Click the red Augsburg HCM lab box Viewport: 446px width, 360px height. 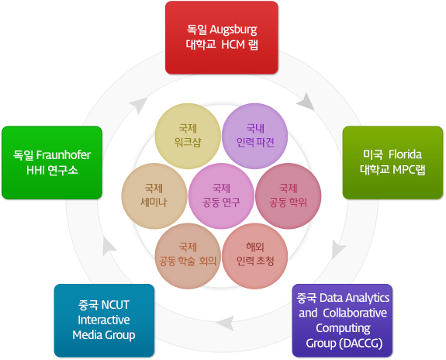tap(222, 37)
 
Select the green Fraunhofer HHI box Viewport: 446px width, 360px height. tap(52, 162)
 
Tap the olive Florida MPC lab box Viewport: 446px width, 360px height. tap(392, 162)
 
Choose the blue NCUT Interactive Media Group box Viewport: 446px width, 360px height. tap(104, 320)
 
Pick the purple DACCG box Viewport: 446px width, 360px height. tap(342, 320)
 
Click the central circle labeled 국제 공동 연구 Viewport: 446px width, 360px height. tap(221, 196)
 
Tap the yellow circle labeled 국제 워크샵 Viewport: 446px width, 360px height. tap(188, 136)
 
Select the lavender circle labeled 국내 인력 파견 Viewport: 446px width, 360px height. tap(255, 136)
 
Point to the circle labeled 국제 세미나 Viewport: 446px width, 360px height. tap(154, 196)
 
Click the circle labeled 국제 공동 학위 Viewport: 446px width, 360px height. tap(289, 196)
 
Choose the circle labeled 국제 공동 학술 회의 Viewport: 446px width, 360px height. tap(188, 256)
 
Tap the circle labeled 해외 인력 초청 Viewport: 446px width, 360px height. tap(255, 256)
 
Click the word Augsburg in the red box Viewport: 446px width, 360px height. tap(233, 30)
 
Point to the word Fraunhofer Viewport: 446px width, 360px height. tap(64, 155)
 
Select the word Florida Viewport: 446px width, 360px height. tap(405, 154)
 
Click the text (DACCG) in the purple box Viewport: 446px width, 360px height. tap(361, 344)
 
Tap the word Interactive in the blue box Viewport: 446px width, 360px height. tap(104, 320)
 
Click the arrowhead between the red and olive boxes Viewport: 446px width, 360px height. tap(306, 102)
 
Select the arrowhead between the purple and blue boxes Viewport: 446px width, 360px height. tap(225, 323)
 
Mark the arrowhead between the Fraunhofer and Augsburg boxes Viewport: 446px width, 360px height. tap(139, 106)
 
